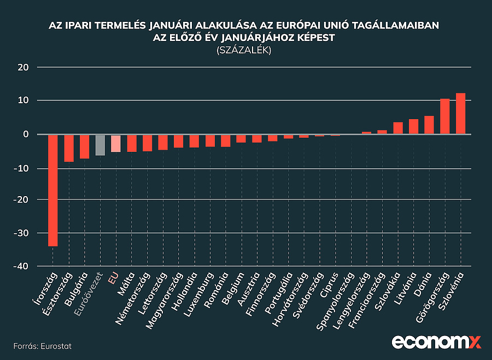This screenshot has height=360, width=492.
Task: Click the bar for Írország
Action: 52,190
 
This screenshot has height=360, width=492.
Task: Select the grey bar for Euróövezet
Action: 100,145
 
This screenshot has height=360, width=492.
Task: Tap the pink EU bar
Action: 115,143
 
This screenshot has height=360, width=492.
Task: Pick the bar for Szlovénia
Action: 460,114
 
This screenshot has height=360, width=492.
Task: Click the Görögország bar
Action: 445,116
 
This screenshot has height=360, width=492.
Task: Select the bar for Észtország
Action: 68,148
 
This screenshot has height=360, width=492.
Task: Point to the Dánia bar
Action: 429,125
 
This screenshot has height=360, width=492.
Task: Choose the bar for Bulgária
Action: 84,146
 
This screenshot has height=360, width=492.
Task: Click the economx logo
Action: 436,343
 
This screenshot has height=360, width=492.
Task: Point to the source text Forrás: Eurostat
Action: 43,346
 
